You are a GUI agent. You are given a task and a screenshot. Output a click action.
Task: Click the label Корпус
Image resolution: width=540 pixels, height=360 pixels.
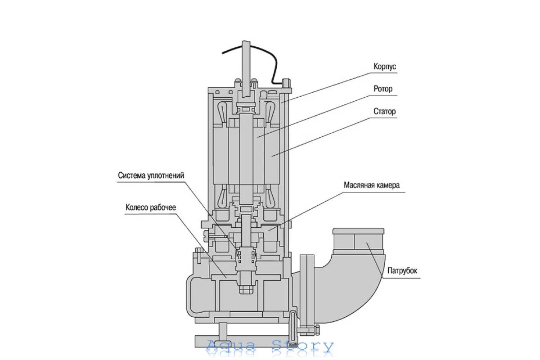(x=385, y=67)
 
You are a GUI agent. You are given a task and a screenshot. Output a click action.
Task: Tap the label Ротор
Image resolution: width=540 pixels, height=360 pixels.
(x=383, y=89)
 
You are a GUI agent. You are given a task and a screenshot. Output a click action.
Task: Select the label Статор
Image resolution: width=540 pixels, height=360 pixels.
(x=385, y=111)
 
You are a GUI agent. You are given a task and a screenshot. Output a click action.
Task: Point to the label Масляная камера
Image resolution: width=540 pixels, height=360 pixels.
(x=371, y=185)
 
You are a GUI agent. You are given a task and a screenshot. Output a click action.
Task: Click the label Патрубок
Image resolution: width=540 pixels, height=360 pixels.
(x=402, y=271)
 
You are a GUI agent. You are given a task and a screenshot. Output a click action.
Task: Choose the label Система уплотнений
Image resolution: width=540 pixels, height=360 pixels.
(x=151, y=175)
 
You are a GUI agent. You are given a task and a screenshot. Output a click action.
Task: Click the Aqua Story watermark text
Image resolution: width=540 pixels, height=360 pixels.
(x=270, y=346)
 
